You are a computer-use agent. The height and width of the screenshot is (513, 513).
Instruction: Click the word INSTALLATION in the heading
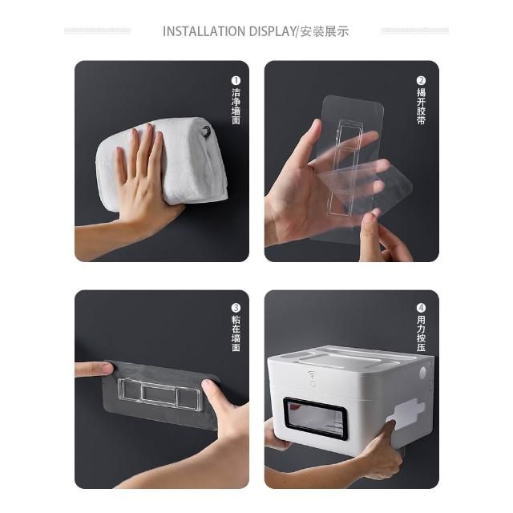204,31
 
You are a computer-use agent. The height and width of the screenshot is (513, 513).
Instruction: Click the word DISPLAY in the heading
273,31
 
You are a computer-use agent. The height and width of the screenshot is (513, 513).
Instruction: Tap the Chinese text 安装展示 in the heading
324,31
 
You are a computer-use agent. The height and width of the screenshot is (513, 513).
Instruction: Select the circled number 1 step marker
236,80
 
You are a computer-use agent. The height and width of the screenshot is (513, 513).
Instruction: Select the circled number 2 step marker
421,80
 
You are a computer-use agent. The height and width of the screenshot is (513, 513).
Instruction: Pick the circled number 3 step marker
236,308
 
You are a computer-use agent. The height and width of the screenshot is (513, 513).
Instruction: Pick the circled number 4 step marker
421,308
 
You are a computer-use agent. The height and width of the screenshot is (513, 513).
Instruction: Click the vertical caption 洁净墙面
236,106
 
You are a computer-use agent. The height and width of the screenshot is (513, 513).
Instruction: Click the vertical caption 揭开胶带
421,106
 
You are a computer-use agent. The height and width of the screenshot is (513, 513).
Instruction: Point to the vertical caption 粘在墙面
236,333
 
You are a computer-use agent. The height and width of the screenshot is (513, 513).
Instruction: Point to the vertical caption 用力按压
421,333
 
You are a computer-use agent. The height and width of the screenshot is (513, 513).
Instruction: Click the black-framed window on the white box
315,418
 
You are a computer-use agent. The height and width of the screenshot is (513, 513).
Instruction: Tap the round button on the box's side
422,373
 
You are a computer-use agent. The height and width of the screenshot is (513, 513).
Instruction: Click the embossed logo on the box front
312,379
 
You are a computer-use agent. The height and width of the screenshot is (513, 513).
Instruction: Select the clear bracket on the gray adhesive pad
160,394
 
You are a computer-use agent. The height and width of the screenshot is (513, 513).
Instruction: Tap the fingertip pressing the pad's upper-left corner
107,368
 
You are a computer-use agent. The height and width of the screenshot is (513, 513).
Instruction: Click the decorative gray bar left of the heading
97,31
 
